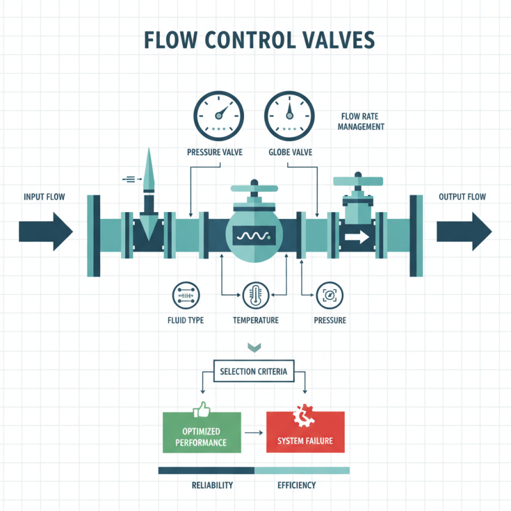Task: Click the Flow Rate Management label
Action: [362, 122]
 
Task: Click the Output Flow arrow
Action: [464, 231]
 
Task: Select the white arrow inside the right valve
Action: [356, 238]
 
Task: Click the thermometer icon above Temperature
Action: [254, 295]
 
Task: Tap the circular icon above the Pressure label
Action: [330, 295]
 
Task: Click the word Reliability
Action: [212, 485]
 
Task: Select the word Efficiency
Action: [296, 485]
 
